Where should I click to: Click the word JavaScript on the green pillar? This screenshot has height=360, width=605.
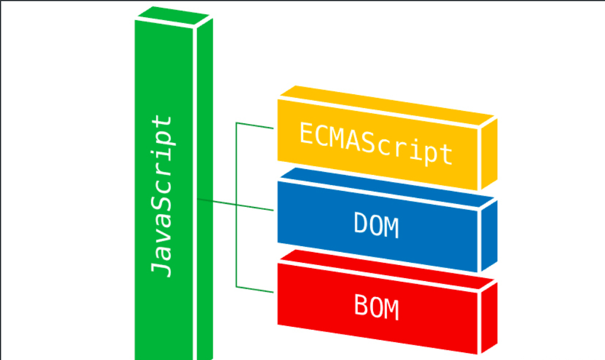click(162, 196)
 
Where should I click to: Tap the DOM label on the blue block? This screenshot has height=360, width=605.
click(376, 225)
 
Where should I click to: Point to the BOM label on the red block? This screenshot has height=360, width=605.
click(376, 307)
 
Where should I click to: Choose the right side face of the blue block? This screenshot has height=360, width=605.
click(488, 235)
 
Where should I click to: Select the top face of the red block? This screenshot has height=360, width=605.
click(386, 267)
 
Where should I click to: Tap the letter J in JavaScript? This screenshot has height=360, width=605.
click(162, 268)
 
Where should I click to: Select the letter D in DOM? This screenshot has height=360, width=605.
click(361, 224)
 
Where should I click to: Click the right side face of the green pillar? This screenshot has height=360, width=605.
click(203, 190)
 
